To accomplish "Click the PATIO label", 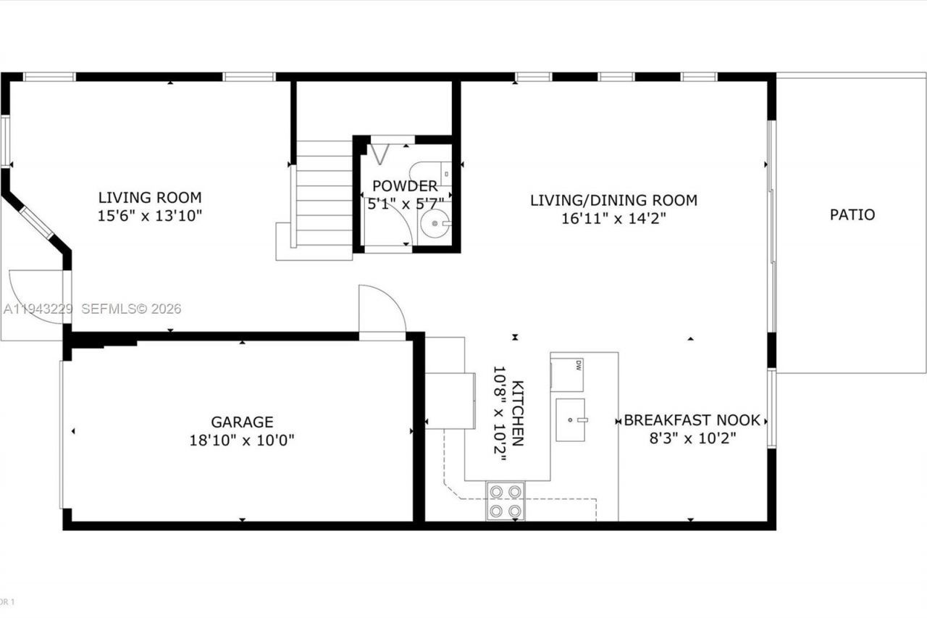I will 852,214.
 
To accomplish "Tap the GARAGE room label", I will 242,422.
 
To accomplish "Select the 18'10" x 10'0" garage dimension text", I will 242,440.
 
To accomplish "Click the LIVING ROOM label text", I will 150,197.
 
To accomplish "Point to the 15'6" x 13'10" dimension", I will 150,215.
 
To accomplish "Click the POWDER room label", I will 395,186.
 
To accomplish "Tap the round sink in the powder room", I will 436,223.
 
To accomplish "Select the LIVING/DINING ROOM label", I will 613,200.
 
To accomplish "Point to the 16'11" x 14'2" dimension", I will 613,218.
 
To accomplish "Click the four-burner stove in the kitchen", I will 506,501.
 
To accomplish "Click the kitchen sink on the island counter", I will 571,419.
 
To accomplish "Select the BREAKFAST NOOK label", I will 692,420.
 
